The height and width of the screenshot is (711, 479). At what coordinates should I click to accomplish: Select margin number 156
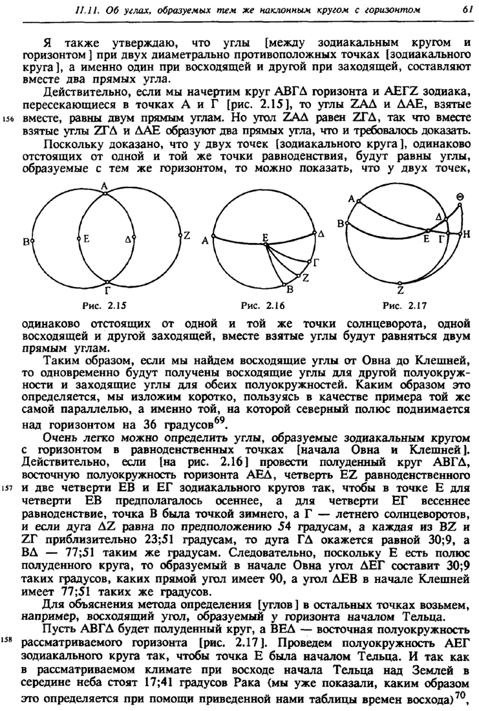pos(8,118)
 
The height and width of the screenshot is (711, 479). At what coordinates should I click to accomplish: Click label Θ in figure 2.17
pos(460,197)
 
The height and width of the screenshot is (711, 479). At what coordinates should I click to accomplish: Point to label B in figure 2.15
pos(27,242)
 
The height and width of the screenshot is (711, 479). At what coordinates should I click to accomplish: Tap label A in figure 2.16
pos(205,240)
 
